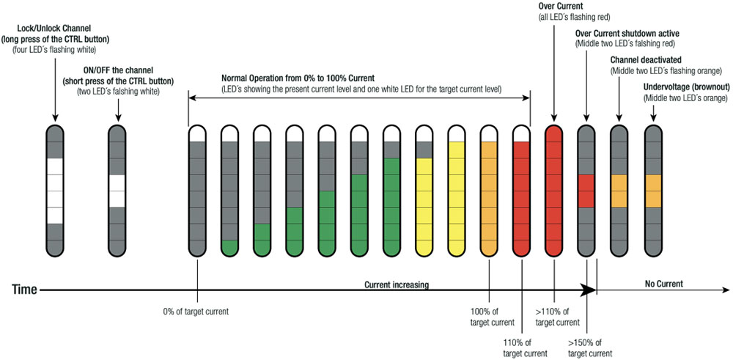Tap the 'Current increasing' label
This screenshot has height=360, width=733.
tap(397, 284)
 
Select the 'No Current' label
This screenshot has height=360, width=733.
tap(663, 284)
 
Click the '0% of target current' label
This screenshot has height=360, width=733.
tap(196, 312)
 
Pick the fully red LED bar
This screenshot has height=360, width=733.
tap(553, 191)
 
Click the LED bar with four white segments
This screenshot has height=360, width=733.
tap(56, 191)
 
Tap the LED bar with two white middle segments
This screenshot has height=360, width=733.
tap(118, 191)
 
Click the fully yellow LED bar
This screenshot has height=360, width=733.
tap(457, 191)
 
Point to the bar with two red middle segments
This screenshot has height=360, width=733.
tap(586, 191)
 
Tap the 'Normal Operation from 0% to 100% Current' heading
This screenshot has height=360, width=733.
tap(298, 78)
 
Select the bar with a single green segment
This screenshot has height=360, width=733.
tap(230, 191)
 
